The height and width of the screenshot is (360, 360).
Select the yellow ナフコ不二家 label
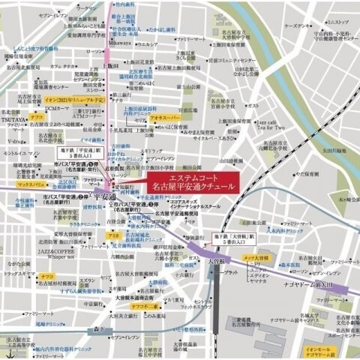click(144, 306)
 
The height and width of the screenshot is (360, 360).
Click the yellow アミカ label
click(113, 236)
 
